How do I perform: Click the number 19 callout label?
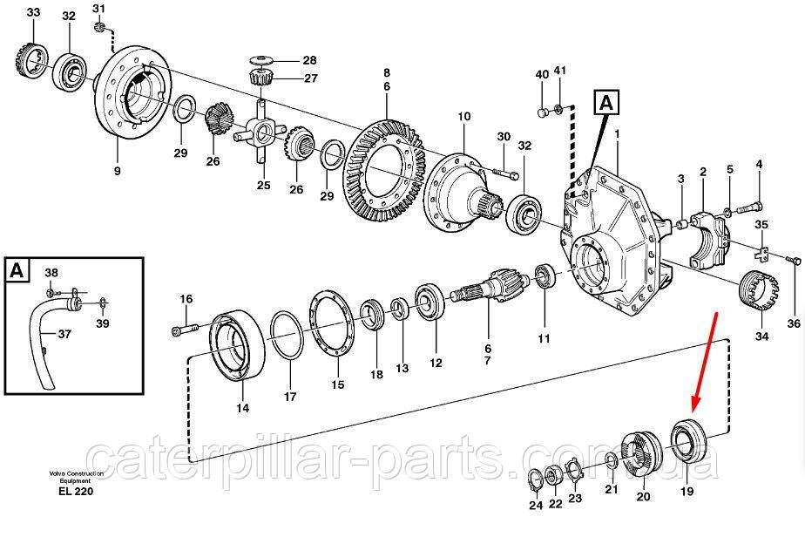point(687,492)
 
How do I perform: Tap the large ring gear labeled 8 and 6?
point(385,170)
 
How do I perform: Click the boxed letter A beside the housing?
point(606,103)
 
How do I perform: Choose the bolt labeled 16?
point(185,329)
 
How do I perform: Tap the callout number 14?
point(242,408)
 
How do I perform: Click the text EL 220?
point(76,492)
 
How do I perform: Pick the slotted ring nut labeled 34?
point(760,291)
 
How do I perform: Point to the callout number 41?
point(559,71)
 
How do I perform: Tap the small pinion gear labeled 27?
point(260,78)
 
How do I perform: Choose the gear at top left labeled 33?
point(30,61)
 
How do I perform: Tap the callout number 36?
point(794,323)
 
